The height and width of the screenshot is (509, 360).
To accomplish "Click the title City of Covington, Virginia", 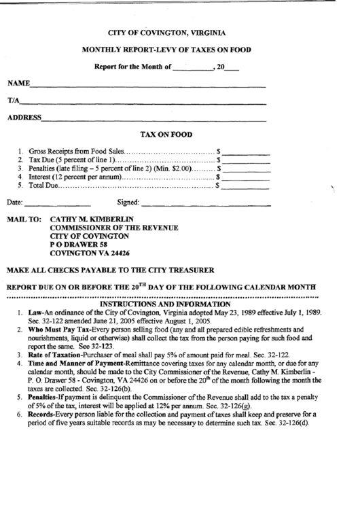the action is (167, 33).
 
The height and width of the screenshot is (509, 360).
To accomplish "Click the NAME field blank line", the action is (147, 86).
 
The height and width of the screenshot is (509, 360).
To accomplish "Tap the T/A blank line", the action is (143, 103).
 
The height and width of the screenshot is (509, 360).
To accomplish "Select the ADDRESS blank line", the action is (154, 120).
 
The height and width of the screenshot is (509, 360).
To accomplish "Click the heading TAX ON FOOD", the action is (166, 135).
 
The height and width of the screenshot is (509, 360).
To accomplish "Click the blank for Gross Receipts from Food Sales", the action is (246, 152).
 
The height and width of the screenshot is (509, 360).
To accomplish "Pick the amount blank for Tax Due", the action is (246, 160).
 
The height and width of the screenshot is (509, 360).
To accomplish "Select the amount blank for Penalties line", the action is (246, 169).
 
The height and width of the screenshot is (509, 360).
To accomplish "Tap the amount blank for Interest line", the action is (246, 177).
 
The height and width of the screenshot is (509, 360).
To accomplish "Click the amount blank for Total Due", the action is (246, 185).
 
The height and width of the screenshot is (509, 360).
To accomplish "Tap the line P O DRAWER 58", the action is (79, 244).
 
